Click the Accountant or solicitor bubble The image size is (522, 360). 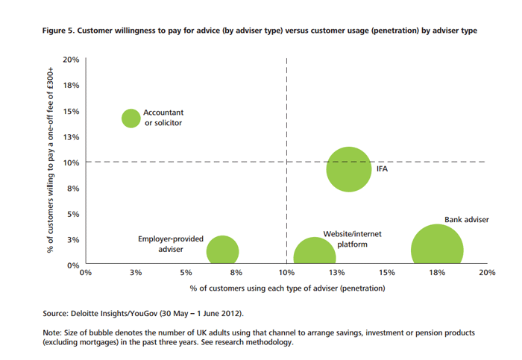tap(131, 119)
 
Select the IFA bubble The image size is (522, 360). tap(349, 169)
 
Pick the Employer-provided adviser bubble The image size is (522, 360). tap(223, 250)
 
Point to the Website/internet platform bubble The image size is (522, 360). tap(315, 251)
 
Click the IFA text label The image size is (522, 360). tap(382, 169)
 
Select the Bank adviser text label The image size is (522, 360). tap(467, 220)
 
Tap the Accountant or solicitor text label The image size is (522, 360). tap(163, 118)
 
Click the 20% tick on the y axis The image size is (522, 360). tap(72, 60)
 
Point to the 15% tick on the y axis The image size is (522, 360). tap(72, 111)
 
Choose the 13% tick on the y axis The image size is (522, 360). tap(72, 136)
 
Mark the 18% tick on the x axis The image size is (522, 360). tap(437, 273)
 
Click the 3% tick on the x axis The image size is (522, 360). tap(136, 273)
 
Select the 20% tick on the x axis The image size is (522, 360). tap(487, 273)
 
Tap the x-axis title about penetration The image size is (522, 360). tap(287, 288)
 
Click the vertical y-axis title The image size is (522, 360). tap(50, 160)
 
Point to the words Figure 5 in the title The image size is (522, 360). tap(58, 31)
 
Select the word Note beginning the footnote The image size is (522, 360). tap(52, 332)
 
